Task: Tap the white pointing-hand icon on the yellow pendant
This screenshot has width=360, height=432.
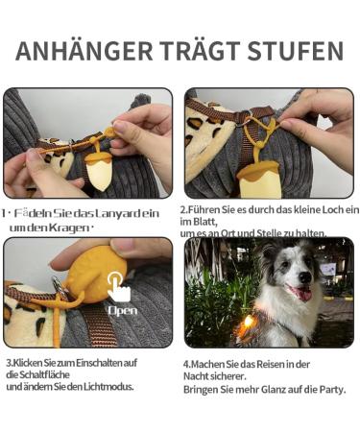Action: (118, 284)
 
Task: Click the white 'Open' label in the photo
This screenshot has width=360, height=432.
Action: (122, 310)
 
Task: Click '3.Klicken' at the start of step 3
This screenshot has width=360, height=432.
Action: (28, 362)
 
